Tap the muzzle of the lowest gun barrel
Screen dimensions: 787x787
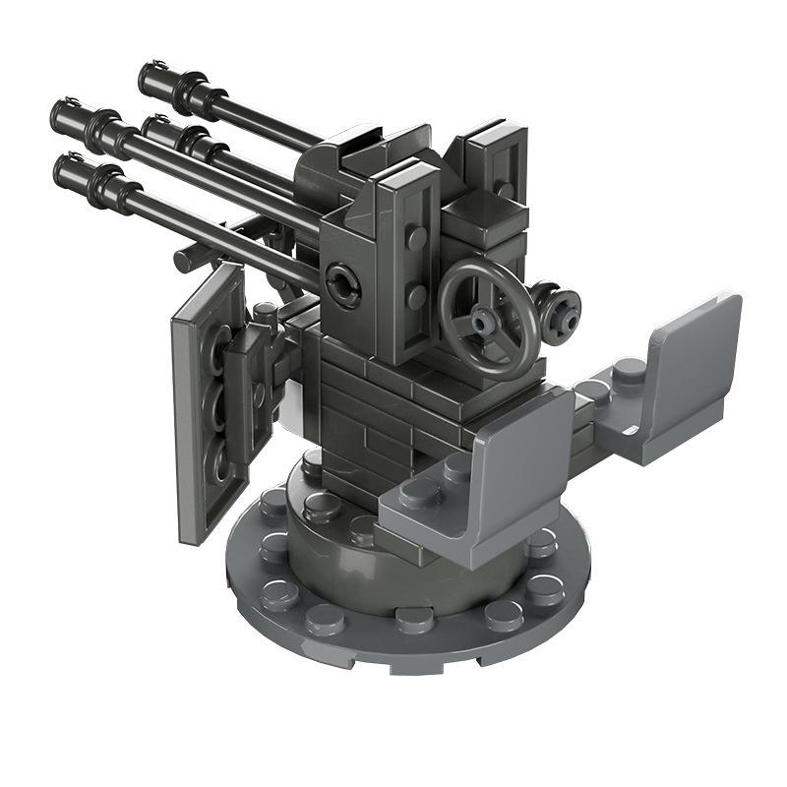tap(64, 167)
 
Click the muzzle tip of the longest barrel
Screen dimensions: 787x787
tap(61, 112)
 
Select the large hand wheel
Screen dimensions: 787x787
tap(488, 317)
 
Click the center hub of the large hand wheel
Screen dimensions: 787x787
tap(484, 320)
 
